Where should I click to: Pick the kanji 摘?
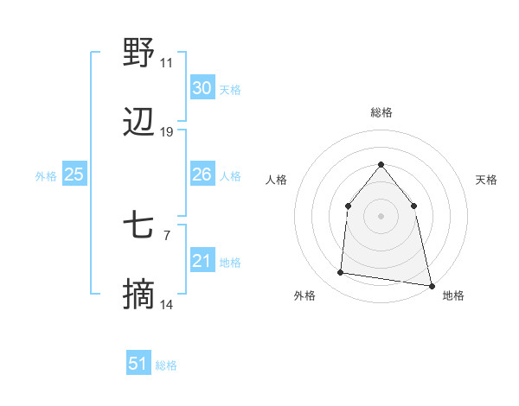tap(138, 296)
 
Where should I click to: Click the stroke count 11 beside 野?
tap(167, 63)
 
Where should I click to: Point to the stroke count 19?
tap(167, 132)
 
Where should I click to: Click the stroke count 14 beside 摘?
tap(167, 305)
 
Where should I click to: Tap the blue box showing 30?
tap(202, 88)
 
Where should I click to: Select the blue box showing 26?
tap(202, 174)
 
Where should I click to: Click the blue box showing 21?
tap(202, 261)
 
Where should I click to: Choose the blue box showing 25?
tap(74, 174)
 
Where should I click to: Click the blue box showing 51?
tap(138, 364)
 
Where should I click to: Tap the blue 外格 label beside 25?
tap(46, 176)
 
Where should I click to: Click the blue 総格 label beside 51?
tap(166, 365)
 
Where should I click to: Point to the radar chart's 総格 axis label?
tap(381, 112)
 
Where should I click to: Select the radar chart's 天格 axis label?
tap(486, 180)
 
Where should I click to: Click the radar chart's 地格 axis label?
tap(453, 295)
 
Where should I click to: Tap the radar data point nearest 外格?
tap(341, 273)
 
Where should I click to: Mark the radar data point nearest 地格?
tap(432, 285)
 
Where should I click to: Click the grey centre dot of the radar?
tap(381, 215)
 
